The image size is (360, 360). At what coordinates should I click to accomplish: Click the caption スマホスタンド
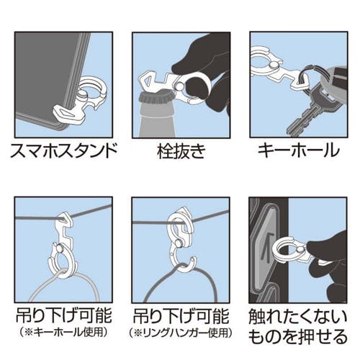[x=64, y=150]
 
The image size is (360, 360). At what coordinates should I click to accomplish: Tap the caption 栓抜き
[x=181, y=151]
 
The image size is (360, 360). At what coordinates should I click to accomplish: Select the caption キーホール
[x=299, y=150]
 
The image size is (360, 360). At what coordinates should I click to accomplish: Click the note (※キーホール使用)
[x=63, y=332]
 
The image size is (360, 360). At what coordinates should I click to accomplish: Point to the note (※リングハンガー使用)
[x=181, y=333]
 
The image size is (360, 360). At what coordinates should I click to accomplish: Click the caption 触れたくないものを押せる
[x=298, y=327]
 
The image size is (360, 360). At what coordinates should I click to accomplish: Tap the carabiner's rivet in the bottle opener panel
[x=179, y=86]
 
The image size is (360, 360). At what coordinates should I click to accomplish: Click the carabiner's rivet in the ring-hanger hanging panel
[x=179, y=243]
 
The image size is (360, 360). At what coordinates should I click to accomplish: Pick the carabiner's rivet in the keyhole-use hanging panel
[x=60, y=246]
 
